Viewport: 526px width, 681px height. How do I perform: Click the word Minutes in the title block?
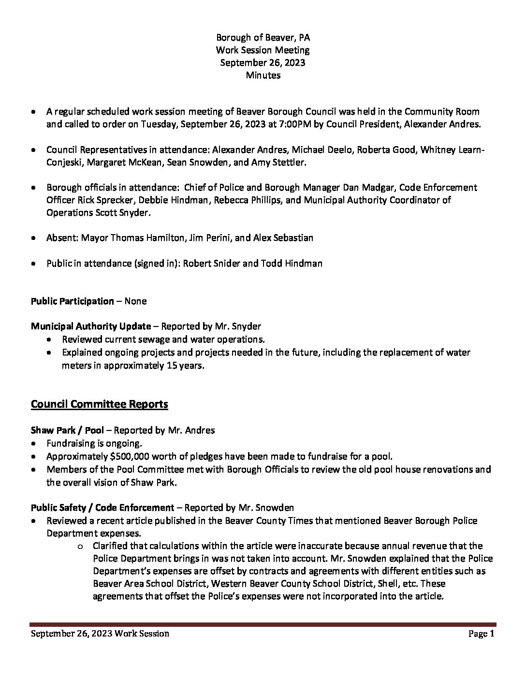pyautogui.click(x=263, y=75)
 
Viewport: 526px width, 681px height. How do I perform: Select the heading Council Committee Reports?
pyautogui.click(x=99, y=404)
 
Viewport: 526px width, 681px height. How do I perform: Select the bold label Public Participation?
pyautogui.click(x=72, y=301)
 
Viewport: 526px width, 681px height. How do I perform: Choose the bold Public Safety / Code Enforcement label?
pyautogui.click(x=102, y=507)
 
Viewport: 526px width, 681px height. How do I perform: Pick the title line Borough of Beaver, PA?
pyautogui.click(x=263, y=37)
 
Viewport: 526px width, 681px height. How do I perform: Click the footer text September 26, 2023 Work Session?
pyautogui.click(x=100, y=634)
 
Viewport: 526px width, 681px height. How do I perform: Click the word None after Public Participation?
pyautogui.click(x=135, y=301)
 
